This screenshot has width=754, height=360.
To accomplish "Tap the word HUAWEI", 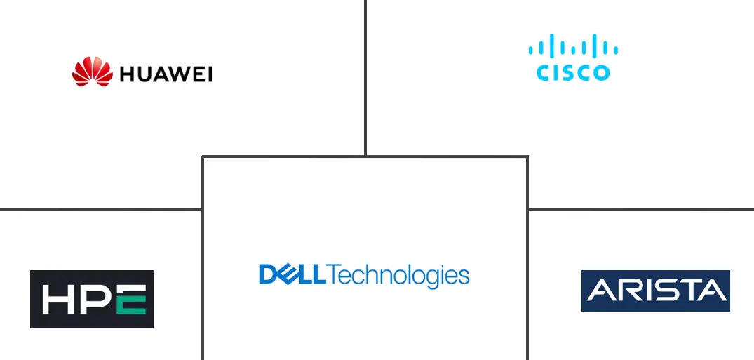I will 166,74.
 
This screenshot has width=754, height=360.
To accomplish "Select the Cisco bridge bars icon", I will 573,47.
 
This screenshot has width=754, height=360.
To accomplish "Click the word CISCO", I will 573,72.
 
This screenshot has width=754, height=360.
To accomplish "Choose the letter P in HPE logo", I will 94,300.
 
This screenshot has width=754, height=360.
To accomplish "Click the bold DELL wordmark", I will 292,274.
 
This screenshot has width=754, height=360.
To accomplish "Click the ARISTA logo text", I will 656,291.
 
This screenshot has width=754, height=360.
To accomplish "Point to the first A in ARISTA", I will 600,291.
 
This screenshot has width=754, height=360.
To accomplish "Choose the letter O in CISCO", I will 601,72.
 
